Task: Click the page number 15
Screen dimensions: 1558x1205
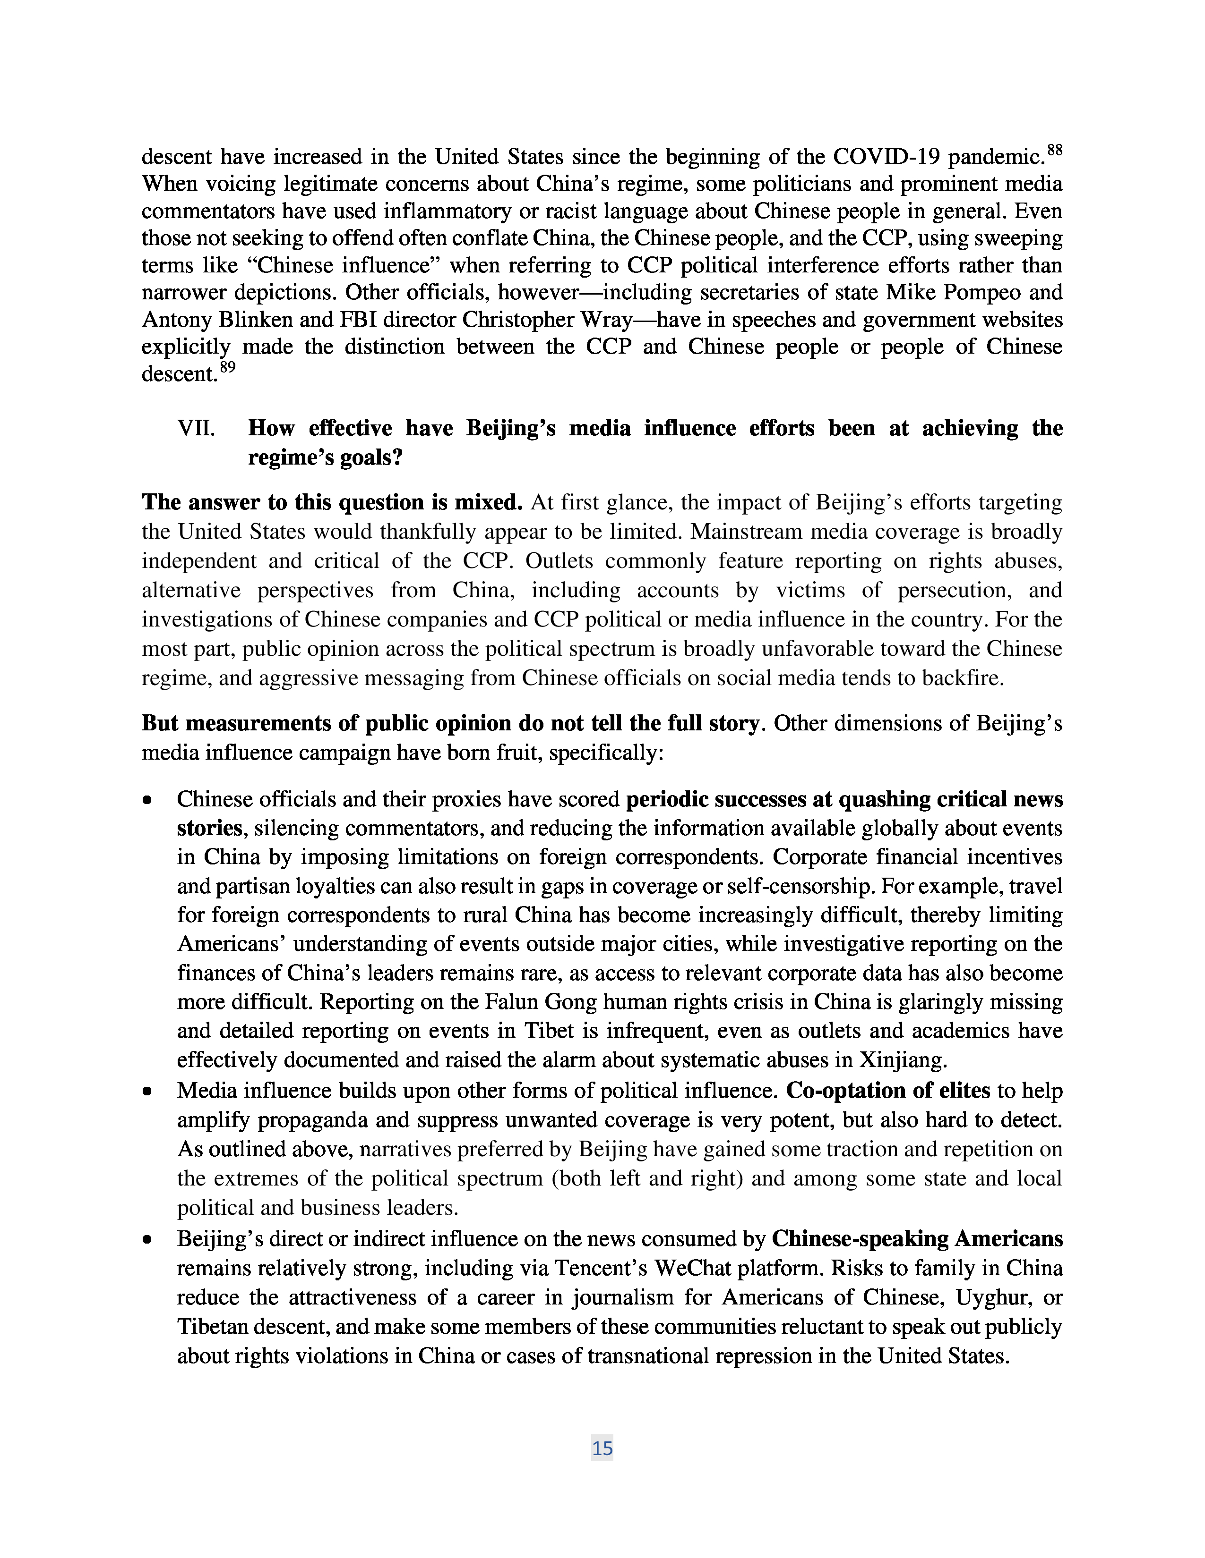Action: pos(602,1448)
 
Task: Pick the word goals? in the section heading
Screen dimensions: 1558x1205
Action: pos(368,457)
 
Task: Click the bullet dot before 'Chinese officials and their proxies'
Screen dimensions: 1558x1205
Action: pos(148,801)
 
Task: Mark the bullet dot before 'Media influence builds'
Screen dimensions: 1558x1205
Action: pos(148,1092)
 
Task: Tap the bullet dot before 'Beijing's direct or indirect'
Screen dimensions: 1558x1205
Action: pos(148,1240)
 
